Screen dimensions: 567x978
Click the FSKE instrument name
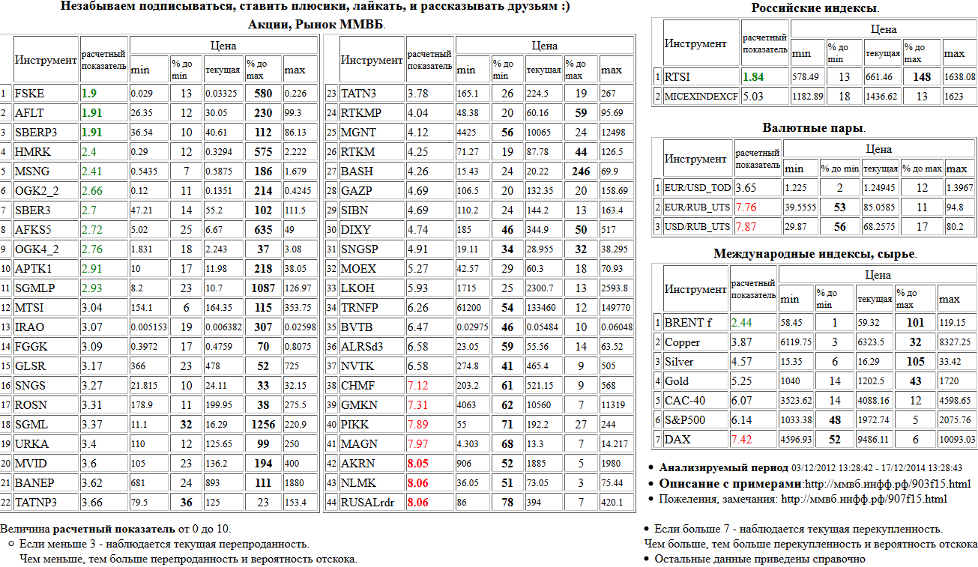(29, 94)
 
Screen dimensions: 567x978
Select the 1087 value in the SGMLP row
(263, 288)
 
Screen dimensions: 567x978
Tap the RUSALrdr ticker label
(367, 503)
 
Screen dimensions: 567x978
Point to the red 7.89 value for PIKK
(417, 425)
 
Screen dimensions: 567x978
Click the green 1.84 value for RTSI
(752, 76)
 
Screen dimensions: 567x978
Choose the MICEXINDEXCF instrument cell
(701, 96)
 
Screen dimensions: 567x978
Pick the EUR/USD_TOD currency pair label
(697, 188)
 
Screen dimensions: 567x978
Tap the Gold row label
(677, 381)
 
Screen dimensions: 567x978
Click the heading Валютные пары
(813, 128)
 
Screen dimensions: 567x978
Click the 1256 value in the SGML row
(263, 425)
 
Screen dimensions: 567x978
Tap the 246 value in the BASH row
(580, 172)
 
